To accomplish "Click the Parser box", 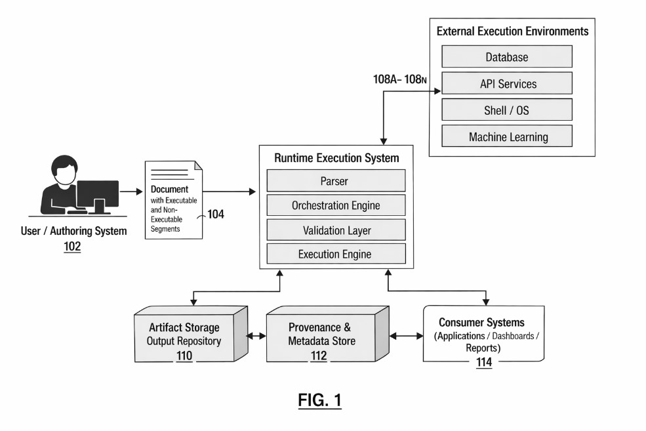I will tap(335, 181).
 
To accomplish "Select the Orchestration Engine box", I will tap(335, 206).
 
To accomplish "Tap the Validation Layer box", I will tap(335, 230).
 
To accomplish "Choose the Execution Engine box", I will tap(335, 254).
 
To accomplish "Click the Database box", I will tap(506, 57).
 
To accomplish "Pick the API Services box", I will tap(506, 84).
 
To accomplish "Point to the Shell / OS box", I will tap(506, 110).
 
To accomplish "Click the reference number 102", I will tap(73, 247).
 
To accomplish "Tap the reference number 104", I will tap(216, 214).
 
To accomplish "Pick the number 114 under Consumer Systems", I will tap(484, 363).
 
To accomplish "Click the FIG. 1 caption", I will tap(320, 400).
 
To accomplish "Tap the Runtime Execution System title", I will tap(336, 158).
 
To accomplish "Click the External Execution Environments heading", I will tap(512, 31).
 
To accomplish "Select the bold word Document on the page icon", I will tap(170, 190).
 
